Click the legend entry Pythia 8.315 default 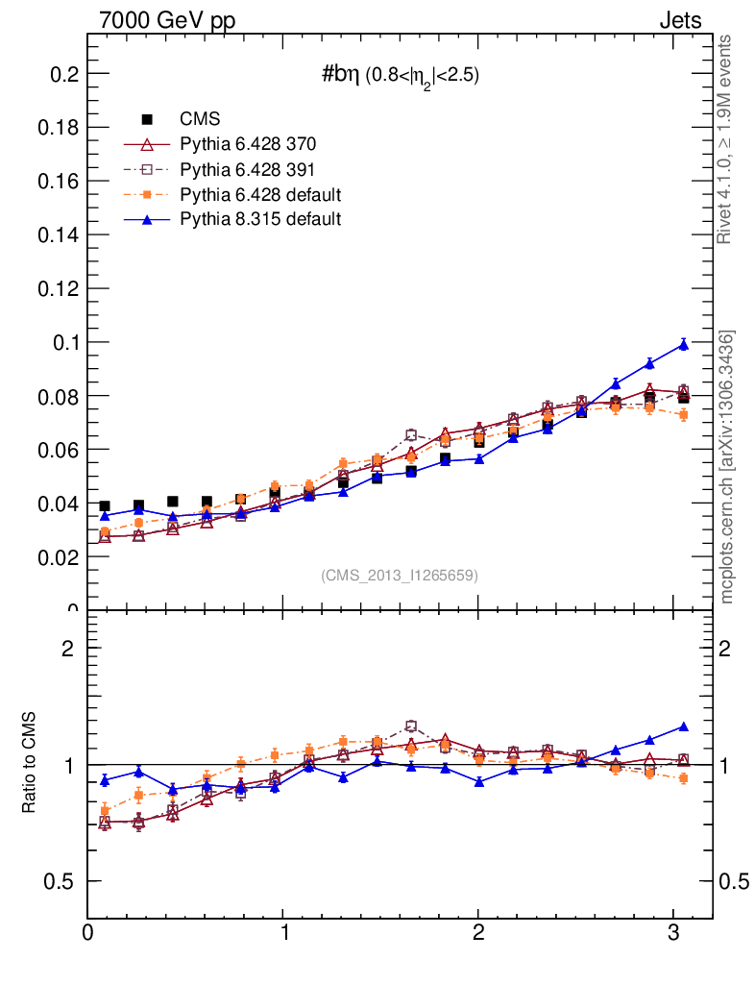pyautogui.click(x=260, y=219)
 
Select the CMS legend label pyautogui.click(x=200, y=119)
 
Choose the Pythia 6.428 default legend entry pyautogui.click(x=260, y=194)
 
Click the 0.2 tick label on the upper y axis pyautogui.click(x=63, y=74)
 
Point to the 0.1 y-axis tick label pyautogui.click(x=63, y=342)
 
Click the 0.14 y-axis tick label pyautogui.click(x=59, y=234)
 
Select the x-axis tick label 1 pyautogui.click(x=284, y=932)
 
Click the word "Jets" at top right pyautogui.click(x=679, y=20)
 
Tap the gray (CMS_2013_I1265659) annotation pyautogui.click(x=399, y=575)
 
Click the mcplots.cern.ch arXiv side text pyautogui.click(x=727, y=467)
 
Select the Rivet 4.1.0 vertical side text pyautogui.click(x=727, y=139)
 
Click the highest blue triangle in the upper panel pyautogui.click(x=684, y=344)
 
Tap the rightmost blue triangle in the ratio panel pyautogui.click(x=684, y=726)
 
